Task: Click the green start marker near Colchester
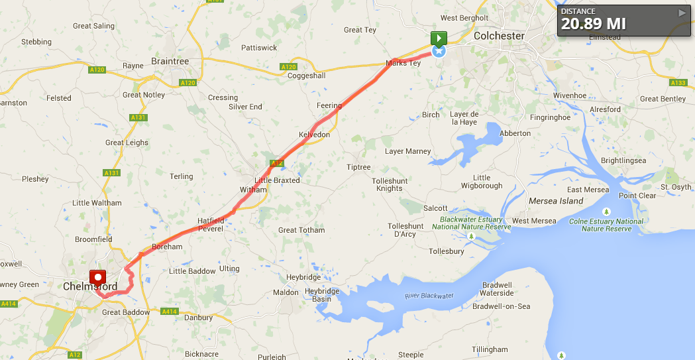click(x=439, y=38)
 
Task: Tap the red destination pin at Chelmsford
click(x=98, y=278)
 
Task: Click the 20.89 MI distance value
click(x=594, y=24)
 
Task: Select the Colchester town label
click(x=499, y=36)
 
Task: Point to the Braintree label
click(x=170, y=61)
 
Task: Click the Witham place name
click(x=253, y=190)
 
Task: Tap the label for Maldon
click(x=286, y=292)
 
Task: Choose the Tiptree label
click(x=358, y=167)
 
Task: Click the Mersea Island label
click(x=556, y=201)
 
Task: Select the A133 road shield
click(x=678, y=83)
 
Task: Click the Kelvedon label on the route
click(x=314, y=135)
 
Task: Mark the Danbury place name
click(x=199, y=318)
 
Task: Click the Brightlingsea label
click(x=623, y=160)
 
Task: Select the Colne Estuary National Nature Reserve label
click(x=606, y=225)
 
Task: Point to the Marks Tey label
click(x=403, y=64)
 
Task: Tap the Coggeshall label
click(x=306, y=76)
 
